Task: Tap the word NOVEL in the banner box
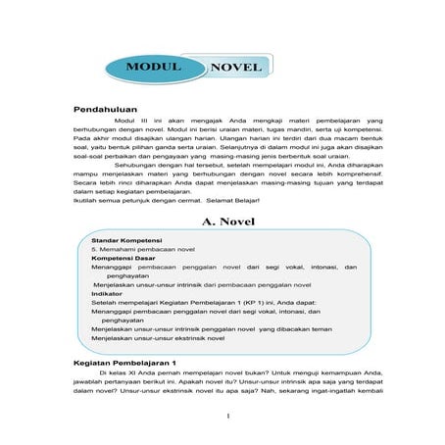coord(236,68)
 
